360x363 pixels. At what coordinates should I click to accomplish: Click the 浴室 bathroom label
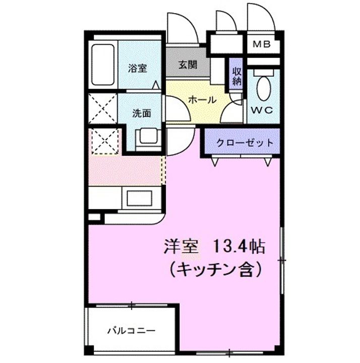pos(137,69)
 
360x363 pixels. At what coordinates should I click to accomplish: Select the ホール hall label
pos(202,100)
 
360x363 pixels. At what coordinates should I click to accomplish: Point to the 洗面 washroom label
pos(142,113)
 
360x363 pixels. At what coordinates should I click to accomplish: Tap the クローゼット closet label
pos(245,143)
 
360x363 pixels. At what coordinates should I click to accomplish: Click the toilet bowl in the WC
pos(263,89)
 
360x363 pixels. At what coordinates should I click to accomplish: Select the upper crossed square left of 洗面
pos(103,108)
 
